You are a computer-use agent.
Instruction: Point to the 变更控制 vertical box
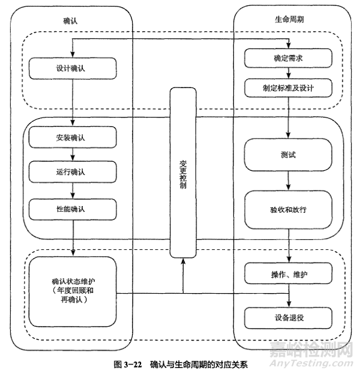(x=182, y=171)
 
